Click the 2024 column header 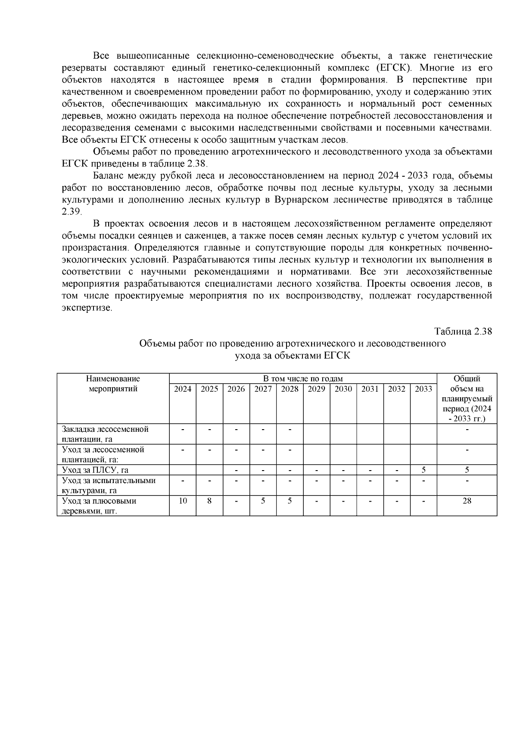[x=183, y=389]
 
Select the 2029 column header [x=316, y=389]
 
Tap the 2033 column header [x=423, y=389]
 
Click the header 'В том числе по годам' [x=303, y=379]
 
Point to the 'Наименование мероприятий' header [x=113, y=384]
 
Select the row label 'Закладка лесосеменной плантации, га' [x=105, y=434]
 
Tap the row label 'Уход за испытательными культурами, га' [x=109, y=485]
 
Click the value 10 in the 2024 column [x=183, y=501]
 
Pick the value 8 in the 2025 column [x=209, y=501]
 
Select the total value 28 [x=467, y=501]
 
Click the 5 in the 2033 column [x=424, y=470]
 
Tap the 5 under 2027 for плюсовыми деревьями [x=263, y=501]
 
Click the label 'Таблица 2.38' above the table [x=463, y=332]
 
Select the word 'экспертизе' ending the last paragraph [x=87, y=308]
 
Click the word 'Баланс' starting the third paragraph [x=108, y=176]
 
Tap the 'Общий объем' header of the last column [x=467, y=399]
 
